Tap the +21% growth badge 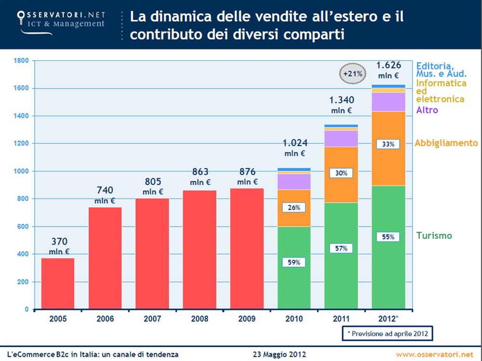coord(352,74)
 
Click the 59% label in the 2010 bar coord(294,262)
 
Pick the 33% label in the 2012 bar coord(388,144)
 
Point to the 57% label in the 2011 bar coord(341,248)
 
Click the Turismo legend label coord(434,236)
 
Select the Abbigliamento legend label coord(446,143)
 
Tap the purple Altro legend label coord(427,110)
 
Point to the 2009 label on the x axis coord(247,319)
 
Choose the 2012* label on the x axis coord(388,319)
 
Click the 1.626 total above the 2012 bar coord(388,65)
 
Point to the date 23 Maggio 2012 coord(280,354)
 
